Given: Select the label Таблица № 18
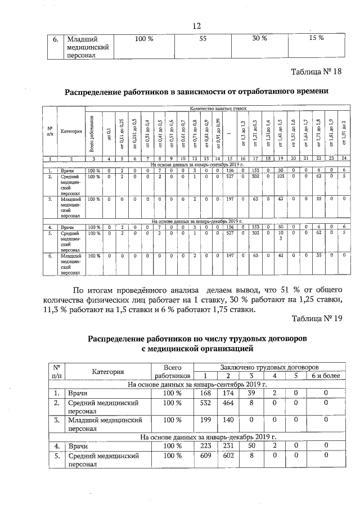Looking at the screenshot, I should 317,72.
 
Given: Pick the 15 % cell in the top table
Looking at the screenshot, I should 317,38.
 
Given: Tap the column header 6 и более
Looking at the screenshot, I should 326,375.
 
